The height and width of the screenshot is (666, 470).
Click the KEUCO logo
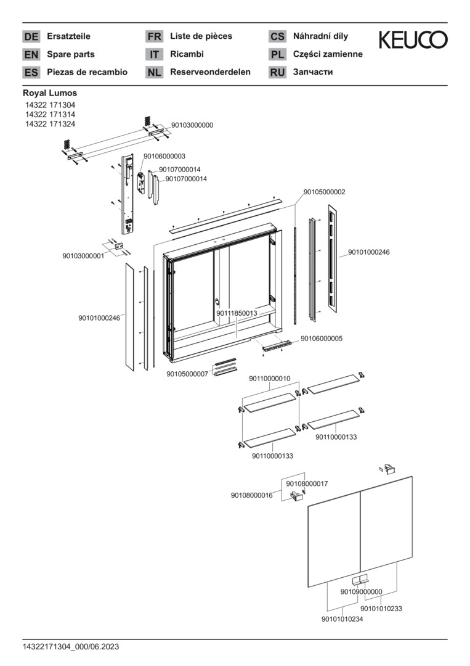413,41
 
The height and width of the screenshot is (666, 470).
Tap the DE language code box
31,36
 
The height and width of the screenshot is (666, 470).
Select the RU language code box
277,72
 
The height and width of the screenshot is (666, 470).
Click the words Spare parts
71,54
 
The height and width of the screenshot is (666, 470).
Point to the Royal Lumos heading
50,93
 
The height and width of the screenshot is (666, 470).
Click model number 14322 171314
49,115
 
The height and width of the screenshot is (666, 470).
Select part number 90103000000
192,125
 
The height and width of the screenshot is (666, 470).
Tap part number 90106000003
164,157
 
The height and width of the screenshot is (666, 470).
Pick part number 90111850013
237,313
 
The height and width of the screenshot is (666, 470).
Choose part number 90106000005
322,339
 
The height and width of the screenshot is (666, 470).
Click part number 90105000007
187,374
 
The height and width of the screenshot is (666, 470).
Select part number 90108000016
252,495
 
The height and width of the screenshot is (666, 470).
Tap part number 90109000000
362,591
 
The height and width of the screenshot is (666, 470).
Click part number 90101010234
342,619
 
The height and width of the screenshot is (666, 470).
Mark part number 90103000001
83,255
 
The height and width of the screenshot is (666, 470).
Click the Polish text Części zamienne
328,54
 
